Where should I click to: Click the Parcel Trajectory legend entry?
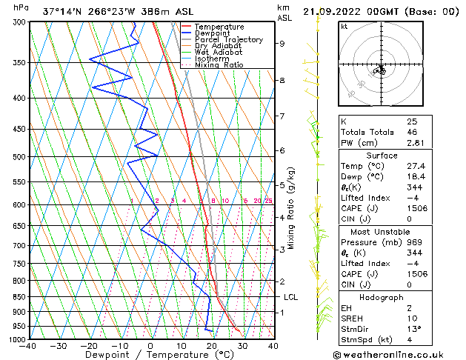[228, 39]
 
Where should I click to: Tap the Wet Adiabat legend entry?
[220, 53]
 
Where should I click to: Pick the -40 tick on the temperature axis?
[28, 345]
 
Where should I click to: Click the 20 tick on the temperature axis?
[212, 345]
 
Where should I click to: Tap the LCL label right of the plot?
[291, 297]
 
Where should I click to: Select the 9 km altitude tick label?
[282, 44]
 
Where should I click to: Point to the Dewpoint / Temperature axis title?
[151, 355]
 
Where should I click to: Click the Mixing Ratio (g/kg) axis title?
[291, 208]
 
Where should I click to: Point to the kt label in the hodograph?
[344, 26]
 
